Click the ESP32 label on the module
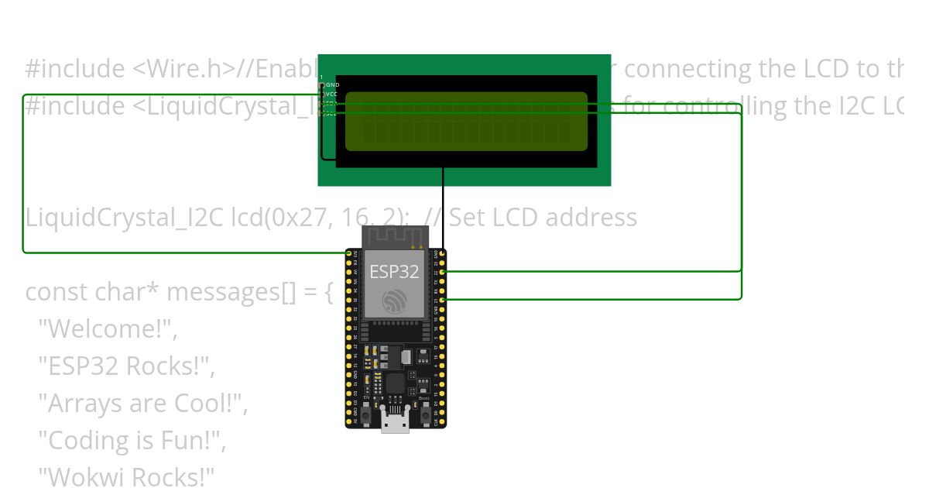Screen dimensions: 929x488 pos(393,271)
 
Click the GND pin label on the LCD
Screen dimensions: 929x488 pos(333,84)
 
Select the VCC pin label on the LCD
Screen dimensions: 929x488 pos(332,94)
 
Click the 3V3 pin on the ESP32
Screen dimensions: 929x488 pos(355,253)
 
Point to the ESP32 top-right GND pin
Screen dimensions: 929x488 pos(442,253)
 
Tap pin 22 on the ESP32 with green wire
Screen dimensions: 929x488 pos(442,271)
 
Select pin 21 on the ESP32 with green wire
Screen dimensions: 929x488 pos(442,299)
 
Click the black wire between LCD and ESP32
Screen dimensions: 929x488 pos(443,209)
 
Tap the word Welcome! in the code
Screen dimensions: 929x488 pos(109,329)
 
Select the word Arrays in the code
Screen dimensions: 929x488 pos(84,404)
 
